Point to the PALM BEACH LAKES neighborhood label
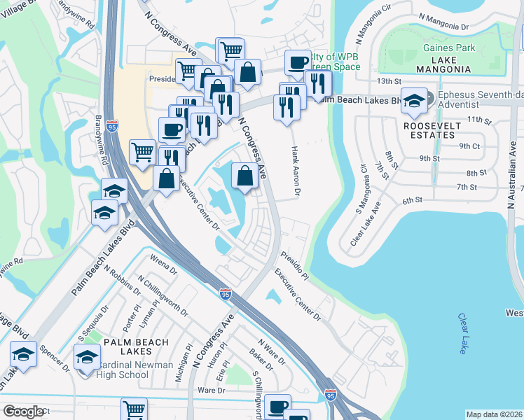[x=133, y=342]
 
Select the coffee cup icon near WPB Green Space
[x=297, y=63]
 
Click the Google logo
[x=24, y=412]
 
